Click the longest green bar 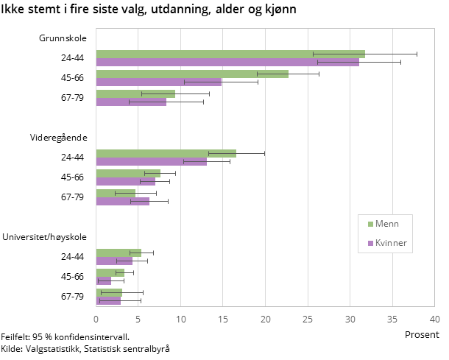click(x=230, y=54)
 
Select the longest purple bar click(x=227, y=63)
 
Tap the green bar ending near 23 click(x=191, y=74)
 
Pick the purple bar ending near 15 click(x=158, y=82)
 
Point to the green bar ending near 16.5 click(x=166, y=153)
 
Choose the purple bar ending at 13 click(x=151, y=162)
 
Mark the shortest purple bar click(x=103, y=281)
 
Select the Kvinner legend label click(x=391, y=243)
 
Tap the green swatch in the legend click(x=370, y=225)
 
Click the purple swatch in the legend click(x=370, y=244)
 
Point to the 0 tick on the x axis click(x=96, y=320)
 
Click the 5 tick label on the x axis click(x=138, y=320)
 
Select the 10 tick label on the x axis click(x=180, y=320)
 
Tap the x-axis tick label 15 click(x=223, y=320)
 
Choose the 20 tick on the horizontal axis click(x=265, y=320)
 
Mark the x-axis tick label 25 click(x=308, y=320)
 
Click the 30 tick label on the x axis click(x=350, y=320)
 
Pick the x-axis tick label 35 click(x=392, y=320)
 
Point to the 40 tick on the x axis click(x=434, y=320)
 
